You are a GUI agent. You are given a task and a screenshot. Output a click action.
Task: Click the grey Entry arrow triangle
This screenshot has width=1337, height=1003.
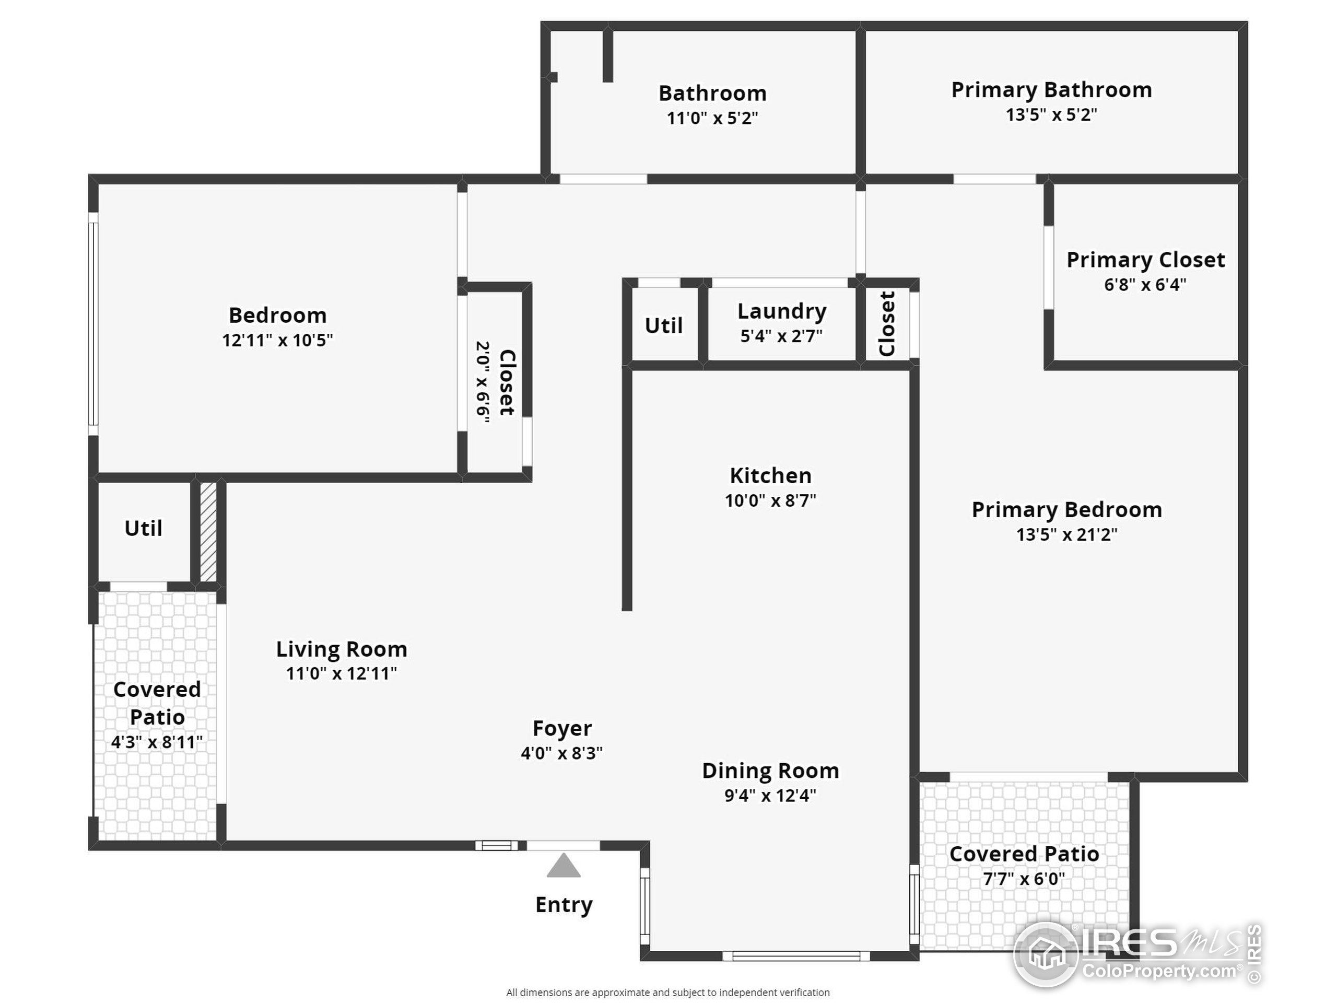pyautogui.click(x=564, y=866)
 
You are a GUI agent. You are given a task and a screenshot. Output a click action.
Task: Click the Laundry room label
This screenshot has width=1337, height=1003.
pyautogui.click(x=781, y=311)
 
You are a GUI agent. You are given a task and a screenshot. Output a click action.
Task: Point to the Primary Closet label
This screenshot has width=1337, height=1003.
pyautogui.click(x=1145, y=260)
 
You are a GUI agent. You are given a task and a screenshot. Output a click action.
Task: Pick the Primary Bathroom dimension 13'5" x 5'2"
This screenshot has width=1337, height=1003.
pyautogui.click(x=1051, y=114)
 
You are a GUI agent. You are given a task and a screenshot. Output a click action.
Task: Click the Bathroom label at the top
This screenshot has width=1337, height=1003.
pyautogui.click(x=712, y=93)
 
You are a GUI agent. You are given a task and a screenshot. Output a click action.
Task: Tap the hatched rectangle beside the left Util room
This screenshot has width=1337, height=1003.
pyautogui.click(x=208, y=531)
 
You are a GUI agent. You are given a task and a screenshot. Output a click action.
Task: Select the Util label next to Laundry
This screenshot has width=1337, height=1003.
pyautogui.click(x=663, y=326)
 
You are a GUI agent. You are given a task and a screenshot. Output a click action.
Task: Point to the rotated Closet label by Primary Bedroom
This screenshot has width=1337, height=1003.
pyautogui.click(x=887, y=324)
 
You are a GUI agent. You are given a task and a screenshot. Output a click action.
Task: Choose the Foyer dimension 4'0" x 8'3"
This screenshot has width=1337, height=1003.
pyautogui.click(x=561, y=753)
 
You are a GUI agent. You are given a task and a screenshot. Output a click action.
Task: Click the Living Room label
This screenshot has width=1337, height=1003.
pyautogui.click(x=342, y=649)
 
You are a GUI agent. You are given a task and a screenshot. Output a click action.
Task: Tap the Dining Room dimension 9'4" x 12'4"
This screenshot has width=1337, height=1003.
pyautogui.click(x=770, y=796)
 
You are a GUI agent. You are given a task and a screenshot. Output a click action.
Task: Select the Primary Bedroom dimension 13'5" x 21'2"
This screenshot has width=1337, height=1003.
pyautogui.click(x=1066, y=534)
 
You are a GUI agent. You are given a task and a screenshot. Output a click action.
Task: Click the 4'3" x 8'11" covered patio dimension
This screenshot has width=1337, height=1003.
pyautogui.click(x=157, y=742)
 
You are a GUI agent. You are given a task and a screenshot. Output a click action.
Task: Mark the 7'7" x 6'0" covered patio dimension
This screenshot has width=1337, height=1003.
pyautogui.click(x=1024, y=879)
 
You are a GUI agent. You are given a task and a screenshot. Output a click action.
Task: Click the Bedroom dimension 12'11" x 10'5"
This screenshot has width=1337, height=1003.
pyautogui.click(x=277, y=341)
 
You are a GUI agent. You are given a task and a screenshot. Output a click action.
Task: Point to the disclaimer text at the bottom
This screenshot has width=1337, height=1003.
pyautogui.click(x=668, y=992)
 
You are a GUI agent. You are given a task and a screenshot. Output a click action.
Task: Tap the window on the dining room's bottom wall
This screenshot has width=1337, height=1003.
pyautogui.click(x=795, y=956)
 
